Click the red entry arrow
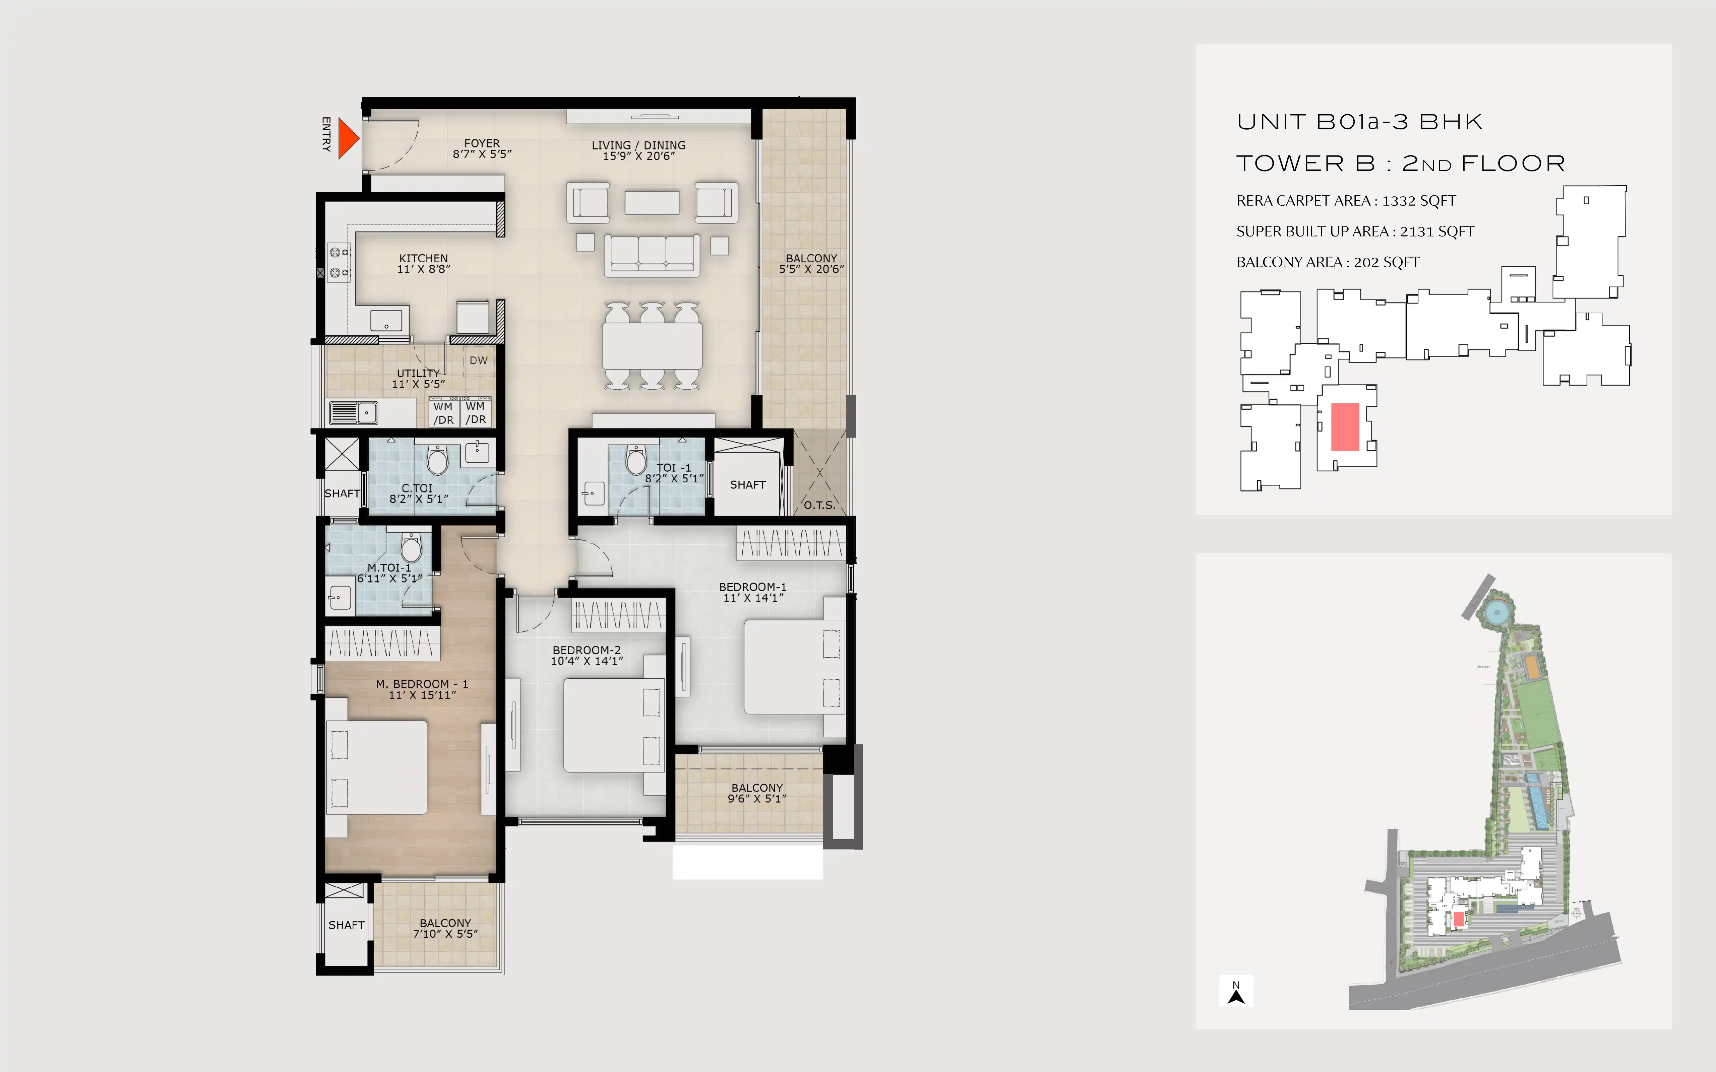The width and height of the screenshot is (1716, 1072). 348,138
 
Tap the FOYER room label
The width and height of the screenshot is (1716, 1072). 482,143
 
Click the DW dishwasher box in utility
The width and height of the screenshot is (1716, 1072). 479,360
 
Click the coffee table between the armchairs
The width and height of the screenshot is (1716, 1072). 652,203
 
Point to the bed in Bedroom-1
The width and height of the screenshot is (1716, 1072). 794,666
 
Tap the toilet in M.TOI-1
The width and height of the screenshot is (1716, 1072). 411,547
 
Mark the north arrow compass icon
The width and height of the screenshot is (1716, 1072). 1236,992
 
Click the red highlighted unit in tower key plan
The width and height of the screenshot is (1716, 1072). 1345,427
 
